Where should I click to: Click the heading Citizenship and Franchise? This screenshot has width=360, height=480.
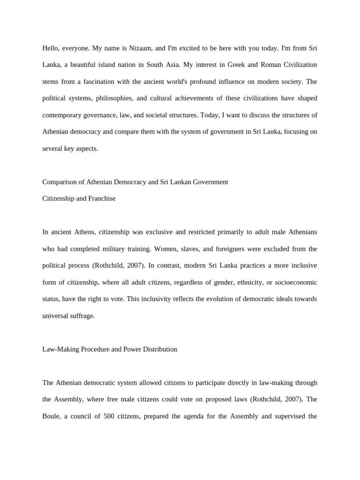point(79,198)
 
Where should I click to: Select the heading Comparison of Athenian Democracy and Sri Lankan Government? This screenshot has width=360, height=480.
point(135,182)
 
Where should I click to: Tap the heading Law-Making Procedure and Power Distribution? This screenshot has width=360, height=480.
point(110,349)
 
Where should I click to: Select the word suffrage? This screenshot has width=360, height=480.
point(82,315)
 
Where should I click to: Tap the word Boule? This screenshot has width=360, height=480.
point(51,416)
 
